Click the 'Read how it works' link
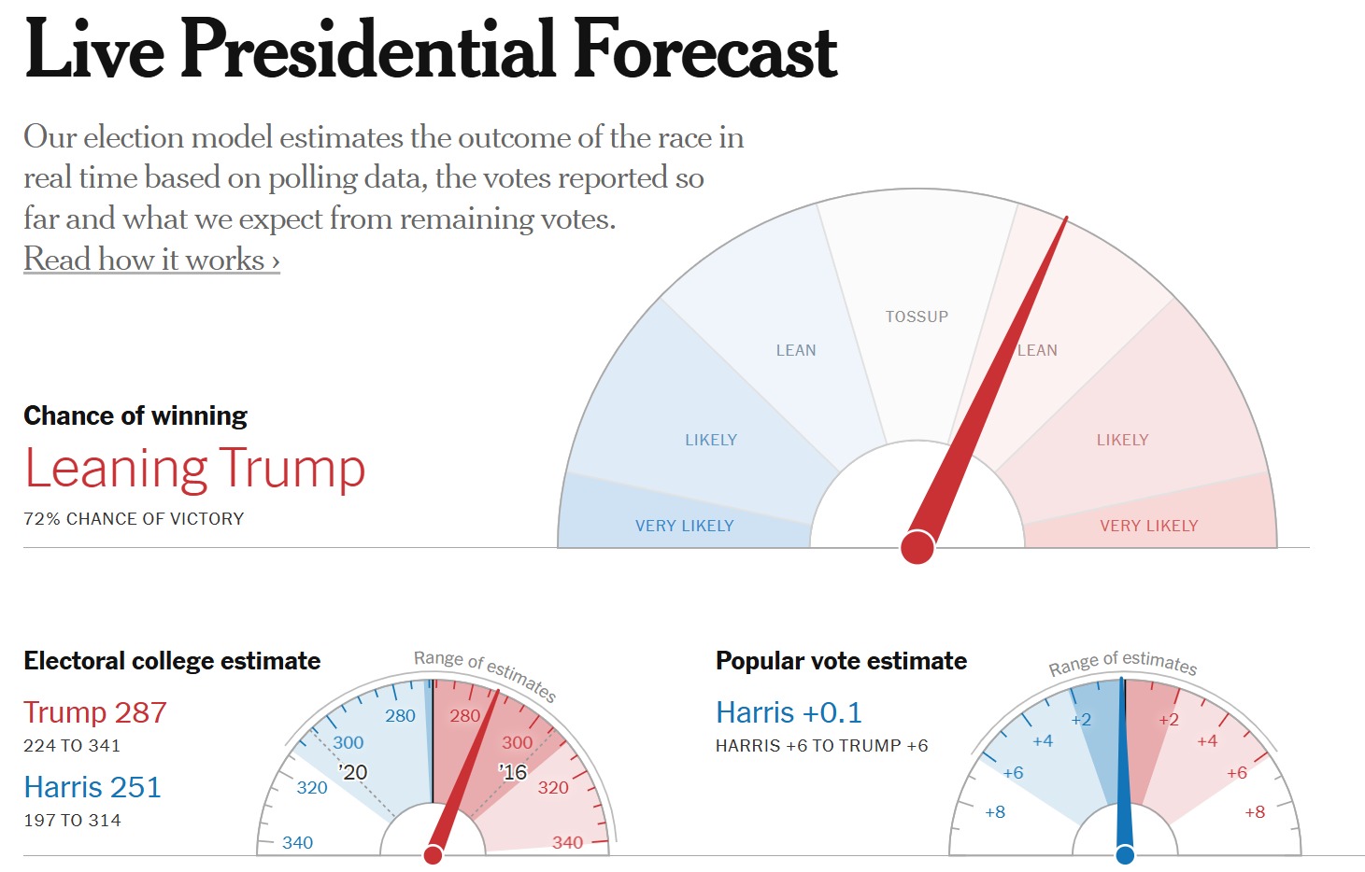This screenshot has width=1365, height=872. tap(151, 260)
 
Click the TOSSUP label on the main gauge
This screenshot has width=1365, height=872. tap(917, 317)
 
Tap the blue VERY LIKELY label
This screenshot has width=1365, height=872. tap(684, 527)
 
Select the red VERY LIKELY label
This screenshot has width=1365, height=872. tap(1148, 527)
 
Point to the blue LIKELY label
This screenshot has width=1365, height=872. tap(711, 441)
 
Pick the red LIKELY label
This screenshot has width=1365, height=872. tap(1122, 441)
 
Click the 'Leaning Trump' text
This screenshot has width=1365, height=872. tap(194, 469)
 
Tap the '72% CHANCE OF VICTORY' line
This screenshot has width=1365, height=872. tap(134, 519)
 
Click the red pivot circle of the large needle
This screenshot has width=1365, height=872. tap(917, 547)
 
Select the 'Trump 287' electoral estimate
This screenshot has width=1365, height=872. tap(95, 712)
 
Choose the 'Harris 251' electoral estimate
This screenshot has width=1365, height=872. tap(92, 787)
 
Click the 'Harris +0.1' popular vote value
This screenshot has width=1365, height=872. tap(789, 713)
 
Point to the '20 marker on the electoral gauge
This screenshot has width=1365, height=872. tap(353, 772)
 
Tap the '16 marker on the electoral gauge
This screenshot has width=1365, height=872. tap(513, 772)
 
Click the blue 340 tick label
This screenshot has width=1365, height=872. tap(297, 843)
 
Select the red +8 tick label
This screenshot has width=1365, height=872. tap(1255, 812)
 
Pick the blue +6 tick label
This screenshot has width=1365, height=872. tap(1013, 773)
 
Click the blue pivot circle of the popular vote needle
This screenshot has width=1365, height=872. tap(1125, 854)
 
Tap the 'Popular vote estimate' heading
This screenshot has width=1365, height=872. tap(841, 661)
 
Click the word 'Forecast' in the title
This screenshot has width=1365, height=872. tap(705, 50)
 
